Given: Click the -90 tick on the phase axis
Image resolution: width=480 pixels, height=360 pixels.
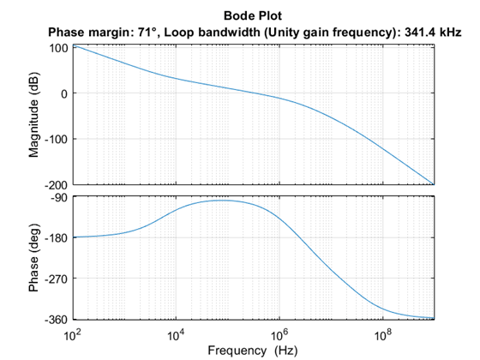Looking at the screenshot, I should pyautogui.click(x=59, y=197).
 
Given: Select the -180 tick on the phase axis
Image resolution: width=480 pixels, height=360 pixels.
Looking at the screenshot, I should pyautogui.click(x=57, y=237).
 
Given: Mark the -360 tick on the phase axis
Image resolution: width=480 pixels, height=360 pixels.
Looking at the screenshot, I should pyautogui.click(x=57, y=319).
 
